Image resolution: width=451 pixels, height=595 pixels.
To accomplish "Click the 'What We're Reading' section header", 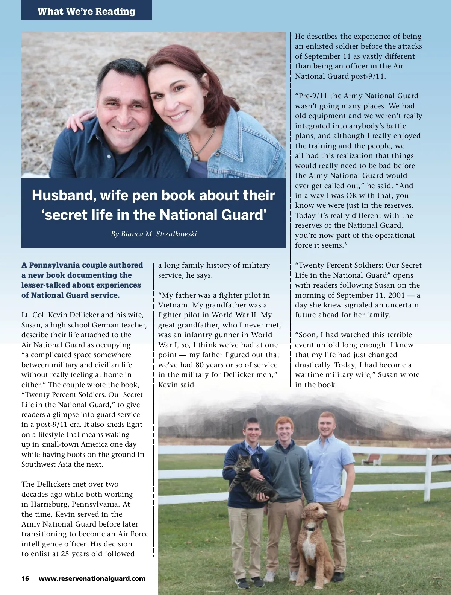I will click(86, 11).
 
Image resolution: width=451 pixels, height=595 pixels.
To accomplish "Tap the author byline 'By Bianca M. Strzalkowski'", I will click(154, 234).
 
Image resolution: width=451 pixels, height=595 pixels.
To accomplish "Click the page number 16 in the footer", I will click(25, 578).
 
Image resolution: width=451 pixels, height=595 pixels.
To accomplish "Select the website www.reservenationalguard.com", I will click(92, 578).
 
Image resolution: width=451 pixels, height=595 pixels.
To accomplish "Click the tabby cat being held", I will click(250, 480).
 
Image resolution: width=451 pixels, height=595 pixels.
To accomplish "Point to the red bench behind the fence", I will click(372, 459).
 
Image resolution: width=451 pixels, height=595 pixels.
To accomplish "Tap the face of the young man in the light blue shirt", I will click(327, 423).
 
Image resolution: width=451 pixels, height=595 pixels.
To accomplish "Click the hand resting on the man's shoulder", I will click(75, 119).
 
